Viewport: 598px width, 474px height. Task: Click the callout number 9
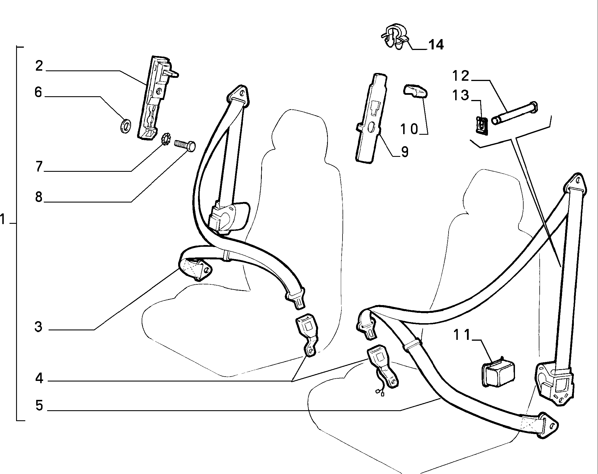(405, 152)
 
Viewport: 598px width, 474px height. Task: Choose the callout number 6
(38, 93)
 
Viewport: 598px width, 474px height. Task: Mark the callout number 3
(38, 327)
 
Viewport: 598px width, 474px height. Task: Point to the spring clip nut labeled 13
(480, 125)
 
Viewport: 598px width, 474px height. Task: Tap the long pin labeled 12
(514, 113)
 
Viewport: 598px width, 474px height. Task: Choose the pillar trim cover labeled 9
(371, 118)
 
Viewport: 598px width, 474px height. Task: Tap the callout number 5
(39, 406)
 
